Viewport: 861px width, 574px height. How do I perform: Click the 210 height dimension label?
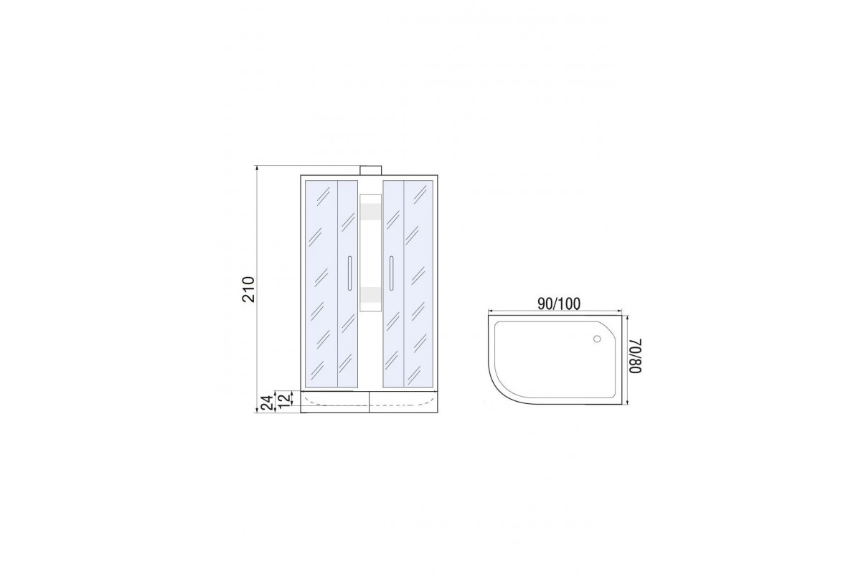tap(249, 289)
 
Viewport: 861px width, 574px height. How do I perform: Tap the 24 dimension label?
tap(268, 403)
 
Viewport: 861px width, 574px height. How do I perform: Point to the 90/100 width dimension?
tap(558, 304)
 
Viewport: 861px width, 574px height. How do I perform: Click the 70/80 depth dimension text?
tap(636, 356)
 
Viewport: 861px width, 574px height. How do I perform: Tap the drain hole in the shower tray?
tap(597, 339)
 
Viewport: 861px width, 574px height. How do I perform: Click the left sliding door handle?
tap(349, 273)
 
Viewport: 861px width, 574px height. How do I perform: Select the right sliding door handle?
tap(391, 273)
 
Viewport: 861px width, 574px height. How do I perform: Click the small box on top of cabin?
tap(370, 170)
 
